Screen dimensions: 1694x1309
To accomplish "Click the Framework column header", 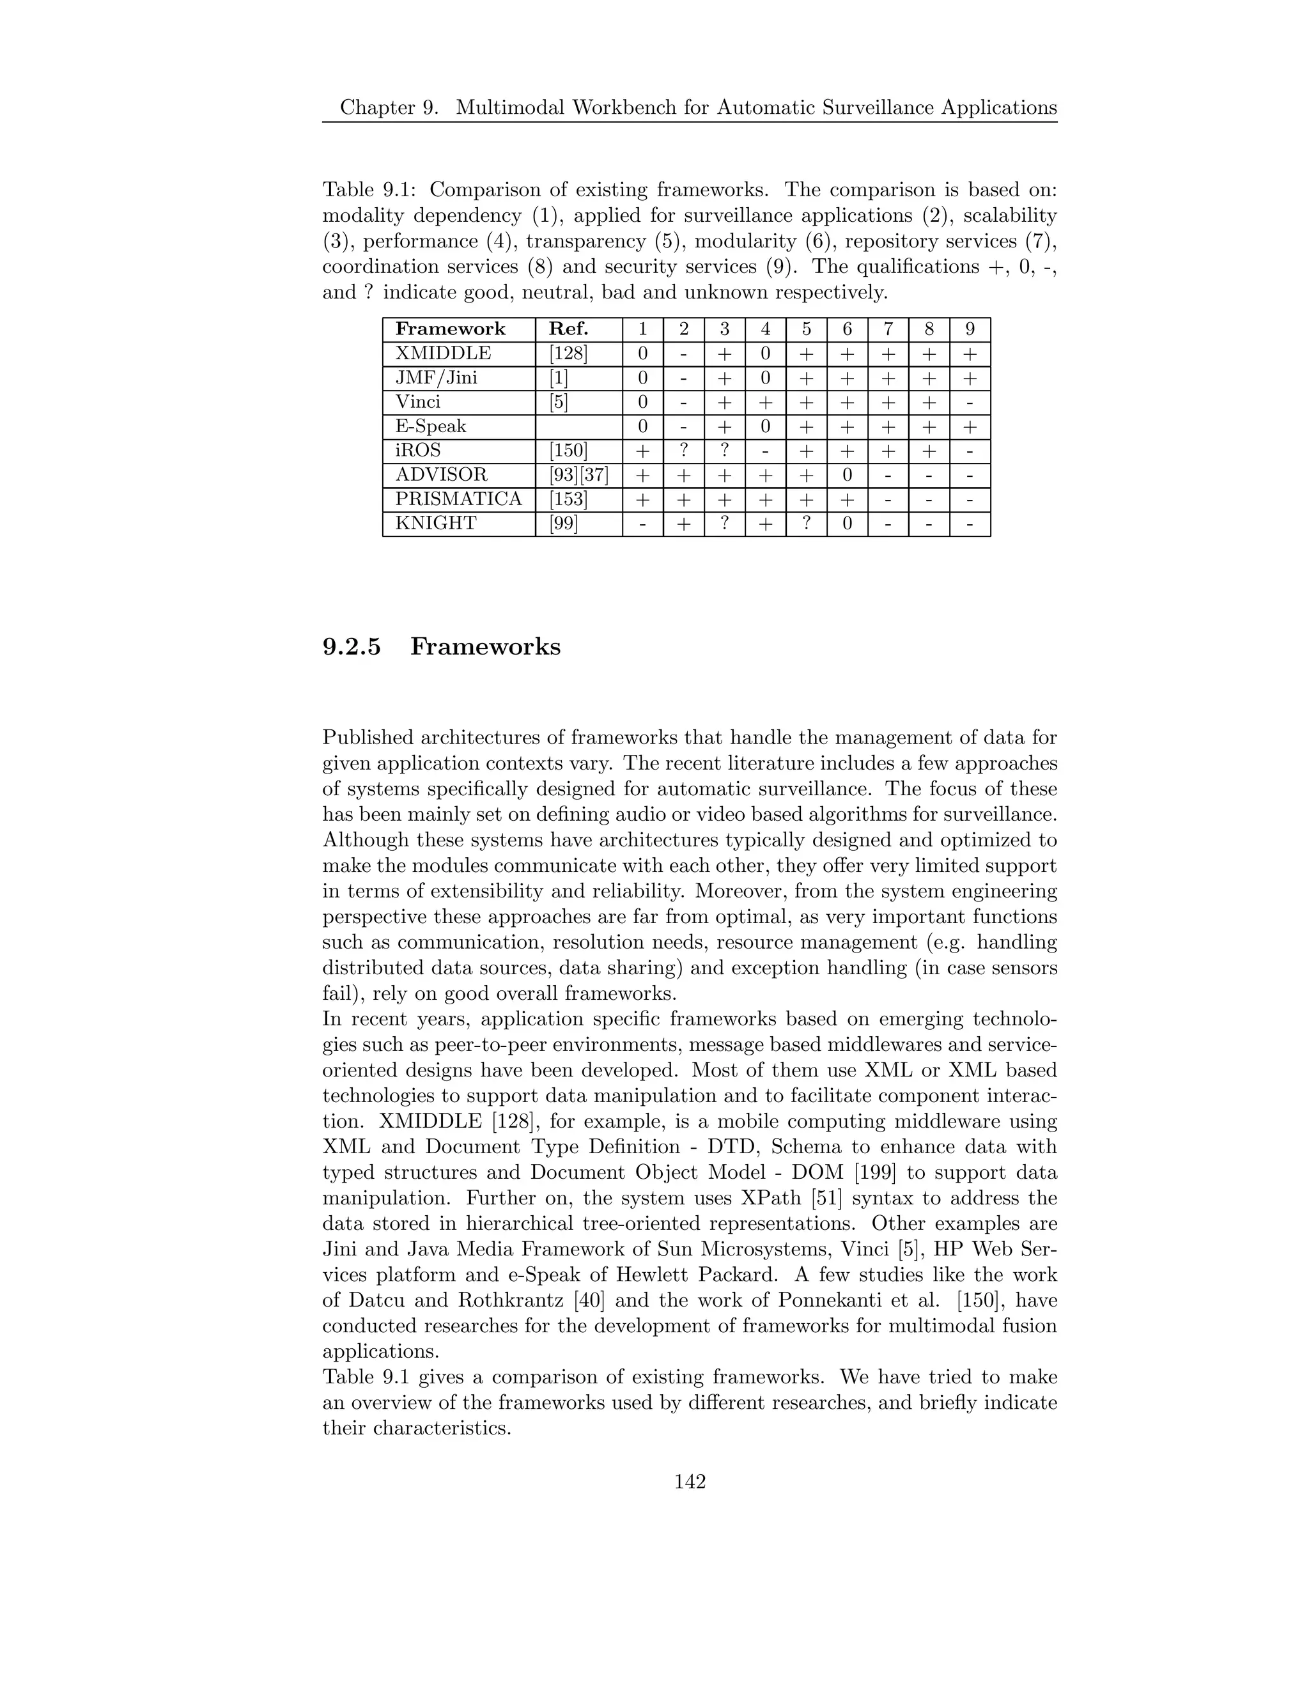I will tap(450, 329).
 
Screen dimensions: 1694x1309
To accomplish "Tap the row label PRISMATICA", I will tap(458, 499).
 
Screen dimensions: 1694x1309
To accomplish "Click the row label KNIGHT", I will tap(435, 524).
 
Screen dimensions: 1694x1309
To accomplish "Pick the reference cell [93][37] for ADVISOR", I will tap(578, 475).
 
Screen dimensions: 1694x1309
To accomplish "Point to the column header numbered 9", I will tap(970, 329).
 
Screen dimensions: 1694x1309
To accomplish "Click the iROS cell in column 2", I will tap(683, 451).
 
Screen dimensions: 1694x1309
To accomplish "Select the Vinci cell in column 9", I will tap(970, 402).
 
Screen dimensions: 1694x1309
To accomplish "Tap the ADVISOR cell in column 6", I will tap(847, 475).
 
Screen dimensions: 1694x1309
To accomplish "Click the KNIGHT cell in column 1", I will tap(642, 524).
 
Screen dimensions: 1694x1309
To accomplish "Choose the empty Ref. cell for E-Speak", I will tap(578, 426).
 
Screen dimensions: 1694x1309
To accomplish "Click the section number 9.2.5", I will tap(352, 646).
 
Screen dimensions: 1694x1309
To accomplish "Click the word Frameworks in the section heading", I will tap(484, 646).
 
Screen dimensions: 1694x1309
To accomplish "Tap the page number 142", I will tap(690, 1482).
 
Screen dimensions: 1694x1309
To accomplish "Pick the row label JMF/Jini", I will tap(436, 378).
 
